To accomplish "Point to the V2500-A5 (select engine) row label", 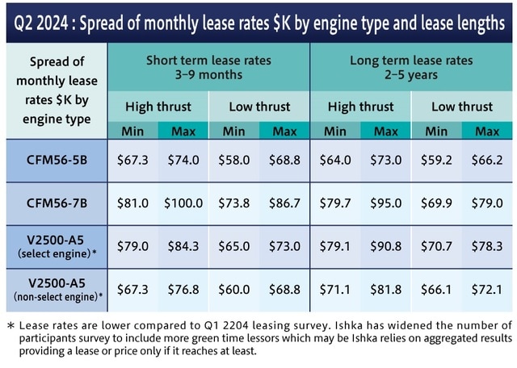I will [56, 245].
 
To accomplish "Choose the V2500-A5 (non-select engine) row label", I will [56, 288].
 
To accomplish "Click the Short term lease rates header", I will [208, 68].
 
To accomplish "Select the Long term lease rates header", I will [410, 68].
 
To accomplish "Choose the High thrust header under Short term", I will [158, 107].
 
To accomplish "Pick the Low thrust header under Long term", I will [461, 107].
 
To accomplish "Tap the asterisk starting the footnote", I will [11, 326].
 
